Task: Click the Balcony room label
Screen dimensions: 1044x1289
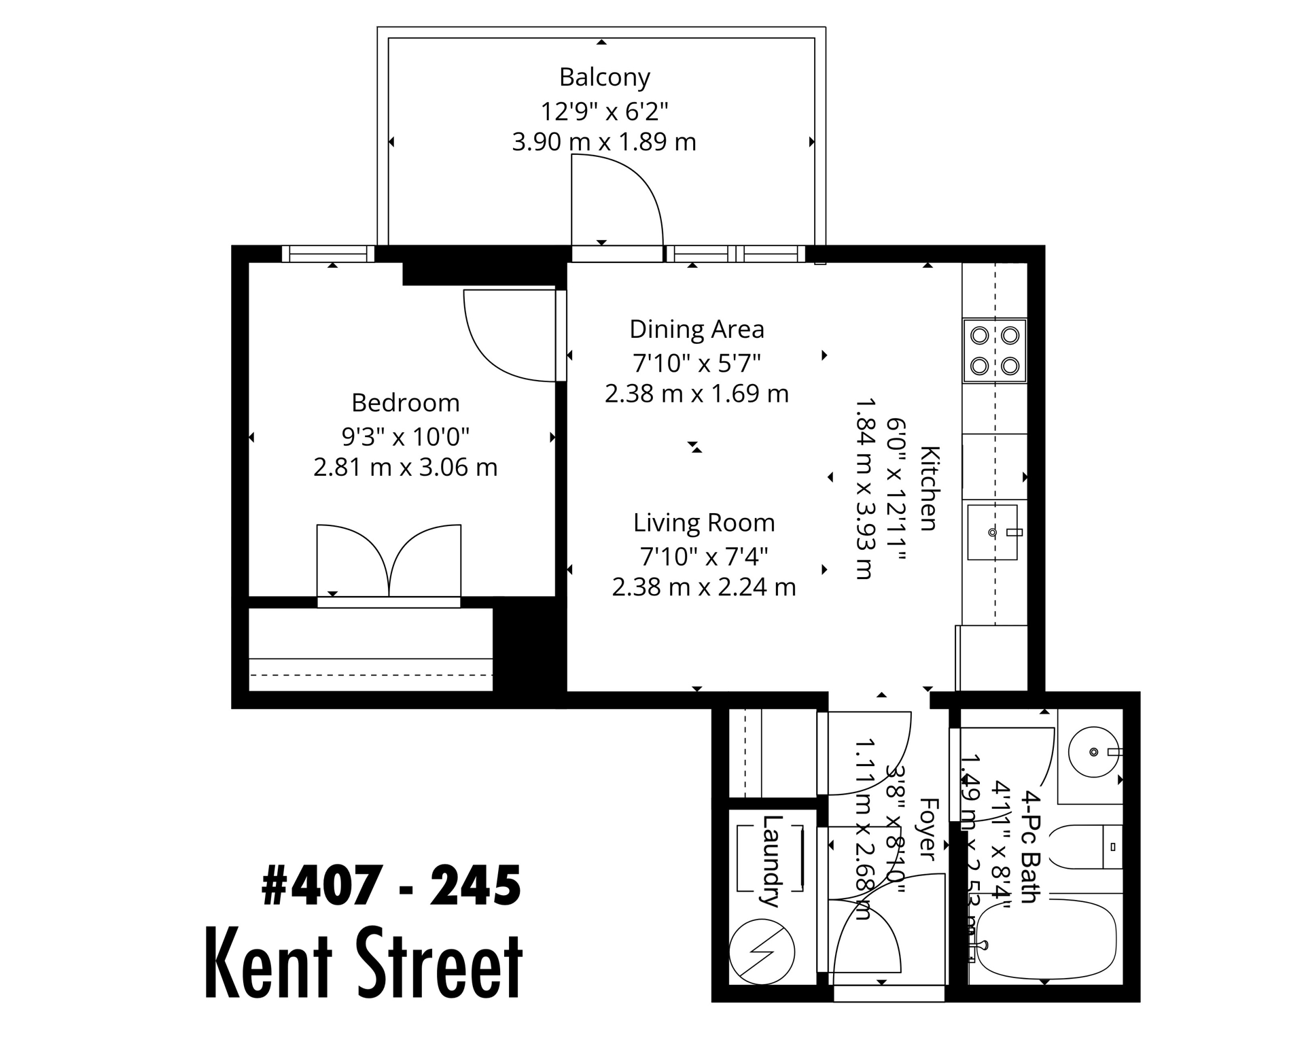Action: (x=604, y=77)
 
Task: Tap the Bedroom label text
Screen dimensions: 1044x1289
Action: (x=406, y=403)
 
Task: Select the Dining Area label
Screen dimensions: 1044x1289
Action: (x=696, y=329)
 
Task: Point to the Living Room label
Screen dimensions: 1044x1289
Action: (x=704, y=523)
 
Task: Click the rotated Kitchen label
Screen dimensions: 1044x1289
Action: (x=929, y=487)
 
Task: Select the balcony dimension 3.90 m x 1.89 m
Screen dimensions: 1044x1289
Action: (x=604, y=142)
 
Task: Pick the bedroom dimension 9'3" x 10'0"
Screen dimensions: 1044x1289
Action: (x=406, y=436)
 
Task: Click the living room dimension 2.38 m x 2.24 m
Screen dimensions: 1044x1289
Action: (x=704, y=587)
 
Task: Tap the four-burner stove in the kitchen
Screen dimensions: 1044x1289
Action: (x=994, y=351)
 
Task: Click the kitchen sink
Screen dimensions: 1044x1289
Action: (x=993, y=532)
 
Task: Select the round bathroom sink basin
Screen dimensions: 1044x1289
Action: (x=1093, y=752)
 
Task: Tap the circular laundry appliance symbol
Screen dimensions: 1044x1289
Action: (x=762, y=952)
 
